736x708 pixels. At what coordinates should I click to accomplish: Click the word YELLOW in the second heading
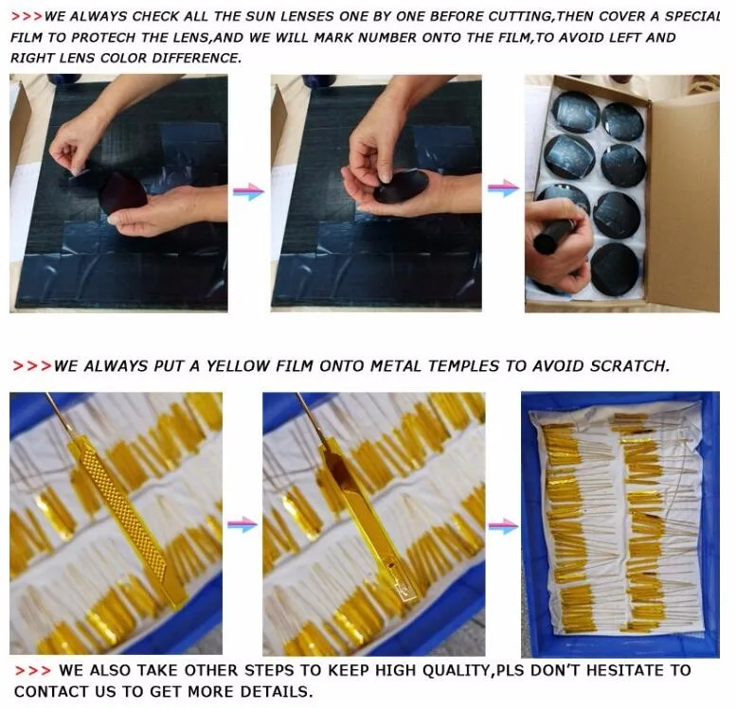238,366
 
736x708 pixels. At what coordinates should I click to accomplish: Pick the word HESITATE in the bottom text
623,670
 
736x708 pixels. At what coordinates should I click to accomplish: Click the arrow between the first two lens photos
249,191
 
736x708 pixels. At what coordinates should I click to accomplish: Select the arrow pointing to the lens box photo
503,187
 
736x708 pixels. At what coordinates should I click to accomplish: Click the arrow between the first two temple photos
242,524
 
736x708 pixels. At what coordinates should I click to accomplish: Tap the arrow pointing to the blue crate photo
503,525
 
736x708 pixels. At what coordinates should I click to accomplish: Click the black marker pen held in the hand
555,237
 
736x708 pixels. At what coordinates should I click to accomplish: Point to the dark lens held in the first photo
123,193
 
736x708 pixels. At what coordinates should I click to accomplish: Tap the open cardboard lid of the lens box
683,197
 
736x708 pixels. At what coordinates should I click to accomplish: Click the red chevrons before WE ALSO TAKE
32,671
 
